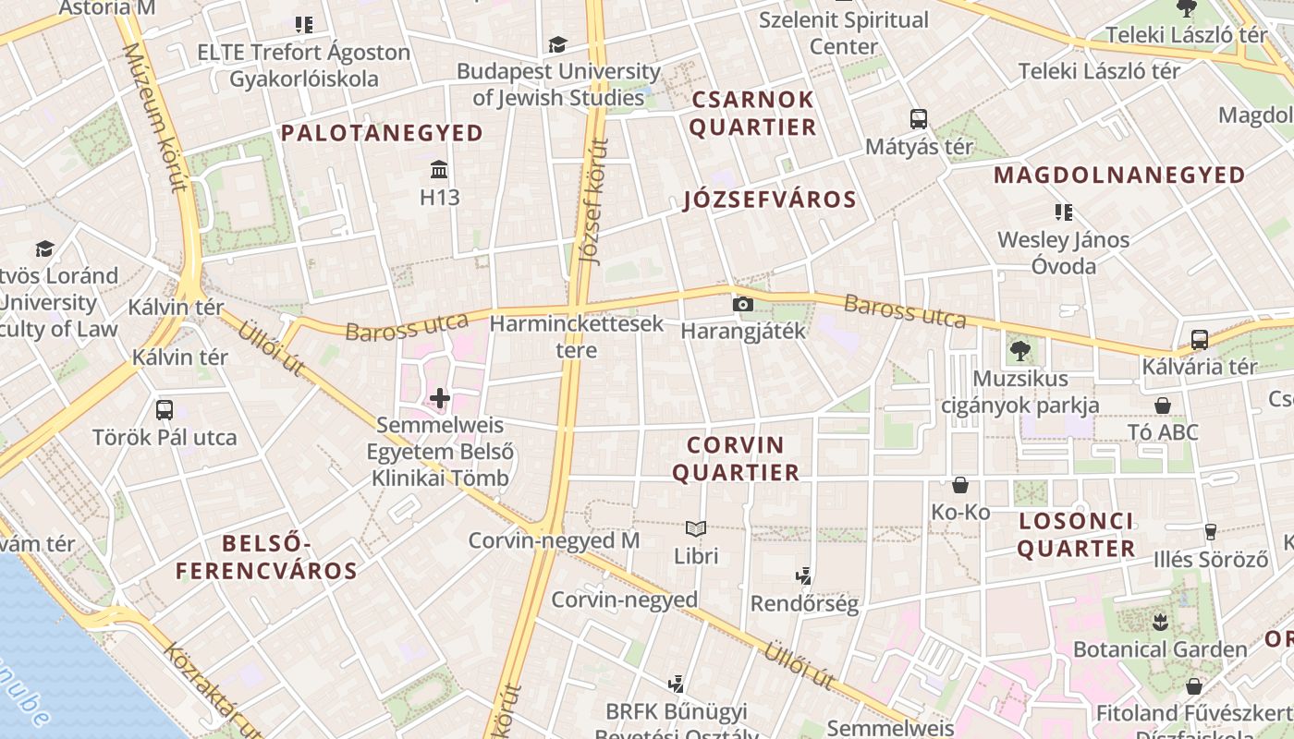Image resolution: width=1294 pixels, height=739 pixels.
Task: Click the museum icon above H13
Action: [x=439, y=170]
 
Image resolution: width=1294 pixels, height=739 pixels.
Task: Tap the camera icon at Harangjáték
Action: [x=742, y=304]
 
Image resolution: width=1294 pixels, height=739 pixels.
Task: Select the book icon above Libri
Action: [x=696, y=528]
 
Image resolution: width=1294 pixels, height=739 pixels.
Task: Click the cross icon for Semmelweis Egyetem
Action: [x=440, y=399]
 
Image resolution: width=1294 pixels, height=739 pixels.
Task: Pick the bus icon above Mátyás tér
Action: [x=918, y=119]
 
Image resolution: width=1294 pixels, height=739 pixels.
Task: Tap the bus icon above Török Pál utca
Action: [x=165, y=410]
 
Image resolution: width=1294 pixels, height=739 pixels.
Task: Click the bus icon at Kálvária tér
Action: [x=1199, y=340]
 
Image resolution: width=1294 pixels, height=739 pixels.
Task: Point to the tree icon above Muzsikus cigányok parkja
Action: [x=1020, y=350]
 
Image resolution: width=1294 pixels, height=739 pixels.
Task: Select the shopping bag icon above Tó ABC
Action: [x=1163, y=406]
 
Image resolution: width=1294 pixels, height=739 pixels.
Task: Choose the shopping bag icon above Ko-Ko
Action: [x=960, y=485]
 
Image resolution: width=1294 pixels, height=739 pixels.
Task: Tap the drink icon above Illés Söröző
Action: [x=1210, y=531]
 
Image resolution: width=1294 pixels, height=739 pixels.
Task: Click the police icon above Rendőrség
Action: [x=803, y=576]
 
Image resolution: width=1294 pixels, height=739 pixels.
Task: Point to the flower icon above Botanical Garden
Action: [x=1160, y=621]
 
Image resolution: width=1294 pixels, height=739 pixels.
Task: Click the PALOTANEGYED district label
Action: [x=382, y=133]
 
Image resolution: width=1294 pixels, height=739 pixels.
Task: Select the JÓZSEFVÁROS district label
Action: [x=769, y=200]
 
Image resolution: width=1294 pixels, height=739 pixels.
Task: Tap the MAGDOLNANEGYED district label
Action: [x=1119, y=175]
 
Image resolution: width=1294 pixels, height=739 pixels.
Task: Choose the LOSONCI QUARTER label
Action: [x=1077, y=535]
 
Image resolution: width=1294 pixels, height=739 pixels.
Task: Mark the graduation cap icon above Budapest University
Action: [x=557, y=44]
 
